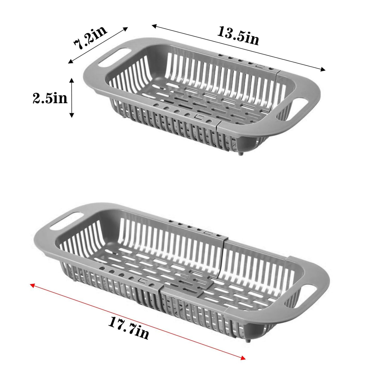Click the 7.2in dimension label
91,37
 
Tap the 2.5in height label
50,98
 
